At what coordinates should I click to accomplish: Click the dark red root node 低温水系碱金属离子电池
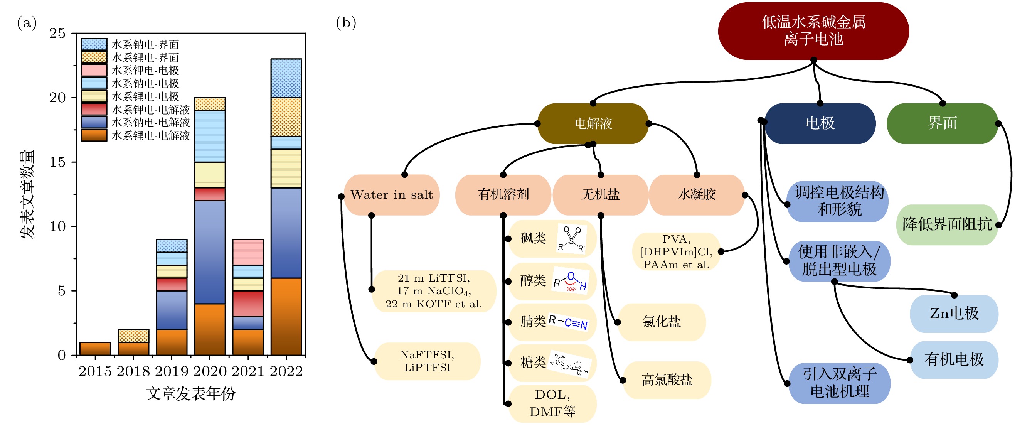pyautogui.click(x=813, y=31)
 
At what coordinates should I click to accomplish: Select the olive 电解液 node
pyautogui.click(x=593, y=123)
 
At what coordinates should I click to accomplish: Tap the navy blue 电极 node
pyautogui.click(x=820, y=123)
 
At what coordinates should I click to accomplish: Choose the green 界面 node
pyautogui.click(x=942, y=123)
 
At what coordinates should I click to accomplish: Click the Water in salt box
pyautogui.click(x=391, y=195)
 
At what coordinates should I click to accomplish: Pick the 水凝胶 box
pyautogui.click(x=697, y=195)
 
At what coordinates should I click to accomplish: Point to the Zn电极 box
pyautogui.click(x=954, y=314)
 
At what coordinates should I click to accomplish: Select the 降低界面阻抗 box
pyautogui.click(x=947, y=224)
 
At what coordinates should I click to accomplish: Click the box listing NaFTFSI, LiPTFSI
pyautogui.click(x=427, y=361)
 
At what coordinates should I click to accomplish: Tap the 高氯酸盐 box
pyautogui.click(x=667, y=380)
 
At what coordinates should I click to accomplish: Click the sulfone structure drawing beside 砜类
pyautogui.click(x=572, y=239)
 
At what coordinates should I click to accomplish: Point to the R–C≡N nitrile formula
pyautogui.click(x=568, y=322)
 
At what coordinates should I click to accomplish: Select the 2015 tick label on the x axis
pyautogui.click(x=95, y=372)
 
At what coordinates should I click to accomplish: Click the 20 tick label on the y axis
pyautogui.click(x=57, y=98)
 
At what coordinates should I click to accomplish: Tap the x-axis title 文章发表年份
pyautogui.click(x=190, y=394)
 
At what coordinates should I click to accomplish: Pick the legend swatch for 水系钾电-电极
pyautogui.click(x=94, y=70)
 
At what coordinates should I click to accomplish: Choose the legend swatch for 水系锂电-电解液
pyautogui.click(x=94, y=135)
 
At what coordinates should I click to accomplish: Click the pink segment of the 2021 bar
pyautogui.click(x=247, y=252)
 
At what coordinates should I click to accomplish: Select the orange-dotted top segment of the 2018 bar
pyautogui.click(x=133, y=336)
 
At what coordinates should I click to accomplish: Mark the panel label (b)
pyautogui.click(x=346, y=23)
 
